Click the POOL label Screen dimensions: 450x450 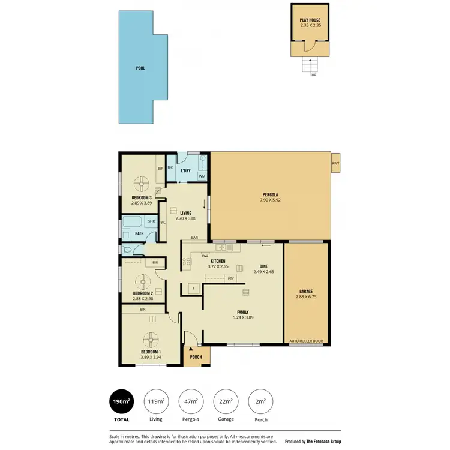coord(140,68)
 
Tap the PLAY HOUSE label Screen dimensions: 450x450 coord(310,20)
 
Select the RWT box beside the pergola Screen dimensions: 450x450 coord(335,163)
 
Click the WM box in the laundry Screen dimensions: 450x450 coord(202,176)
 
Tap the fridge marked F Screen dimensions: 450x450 coord(193,288)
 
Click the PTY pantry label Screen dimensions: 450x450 coord(230,278)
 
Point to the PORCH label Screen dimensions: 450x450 coord(197,358)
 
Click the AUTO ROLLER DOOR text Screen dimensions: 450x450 coord(306,341)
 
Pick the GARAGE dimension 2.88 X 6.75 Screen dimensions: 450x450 coord(306,296)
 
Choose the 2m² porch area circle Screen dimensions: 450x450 coord(260,402)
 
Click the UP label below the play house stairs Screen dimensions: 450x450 coord(313,75)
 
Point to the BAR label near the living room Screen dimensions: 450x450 coord(194,238)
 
